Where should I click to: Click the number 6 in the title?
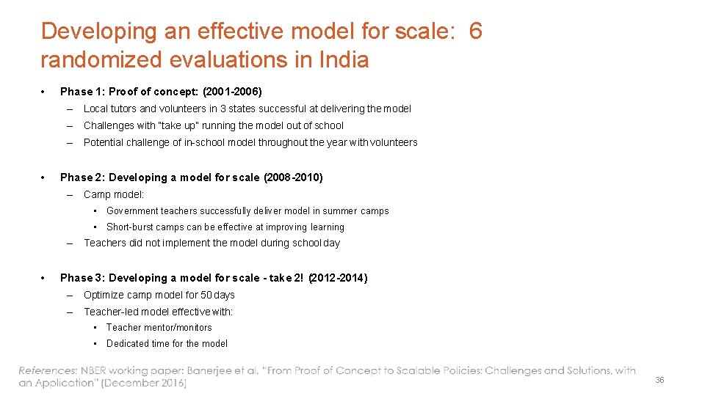pyautogui.click(x=475, y=32)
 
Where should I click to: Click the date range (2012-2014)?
pyautogui.click(x=338, y=278)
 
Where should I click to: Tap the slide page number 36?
pyautogui.click(x=659, y=380)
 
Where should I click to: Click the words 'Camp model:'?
pyautogui.click(x=114, y=194)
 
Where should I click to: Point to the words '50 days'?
pyautogui.click(x=218, y=295)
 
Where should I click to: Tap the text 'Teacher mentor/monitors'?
pyautogui.click(x=159, y=328)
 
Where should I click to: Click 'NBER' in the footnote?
pyautogui.click(x=98, y=371)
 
